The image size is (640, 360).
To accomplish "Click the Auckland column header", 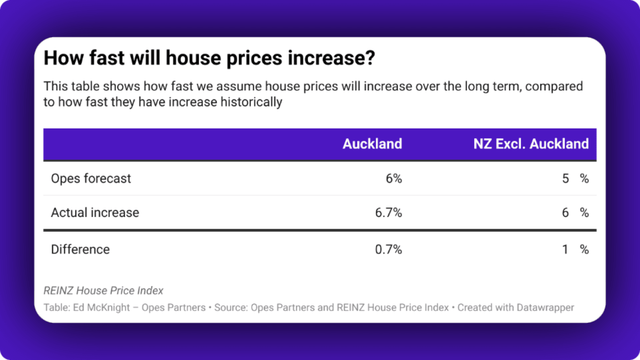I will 372,144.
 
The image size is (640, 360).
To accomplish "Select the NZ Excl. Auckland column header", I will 531,144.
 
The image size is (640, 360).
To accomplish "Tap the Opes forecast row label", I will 91,178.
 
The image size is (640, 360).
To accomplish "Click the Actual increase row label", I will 95,213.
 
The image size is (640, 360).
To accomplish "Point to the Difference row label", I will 80,249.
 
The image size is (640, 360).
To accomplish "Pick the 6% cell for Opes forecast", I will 394,178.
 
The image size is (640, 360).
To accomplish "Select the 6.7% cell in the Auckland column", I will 388,213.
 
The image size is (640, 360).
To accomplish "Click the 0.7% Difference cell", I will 388,249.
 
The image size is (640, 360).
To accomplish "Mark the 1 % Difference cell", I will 575,249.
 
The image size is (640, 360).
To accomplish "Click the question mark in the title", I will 370,59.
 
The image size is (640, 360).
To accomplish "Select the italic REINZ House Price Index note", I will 103,290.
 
